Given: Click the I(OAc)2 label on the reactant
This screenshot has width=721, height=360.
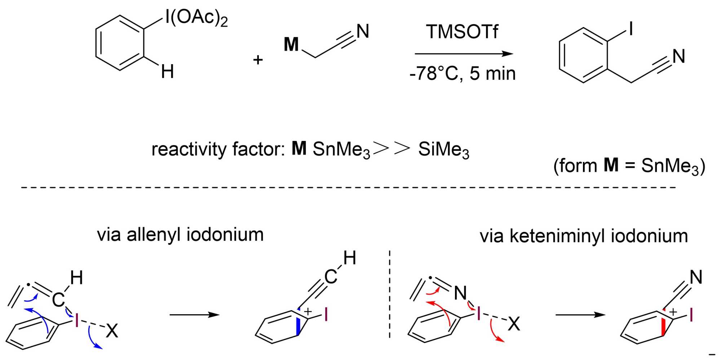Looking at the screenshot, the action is click(196, 18).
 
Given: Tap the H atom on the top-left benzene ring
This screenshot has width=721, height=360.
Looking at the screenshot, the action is click(168, 71).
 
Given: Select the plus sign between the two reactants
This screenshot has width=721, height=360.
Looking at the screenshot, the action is click(258, 60).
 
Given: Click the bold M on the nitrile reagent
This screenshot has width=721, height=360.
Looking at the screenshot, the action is click(291, 45).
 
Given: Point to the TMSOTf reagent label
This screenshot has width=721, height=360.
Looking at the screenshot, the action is click(462, 32).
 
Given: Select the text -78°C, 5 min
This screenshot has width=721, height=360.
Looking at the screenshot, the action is click(463, 74).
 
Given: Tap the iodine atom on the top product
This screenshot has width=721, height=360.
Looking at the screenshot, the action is click(631, 28).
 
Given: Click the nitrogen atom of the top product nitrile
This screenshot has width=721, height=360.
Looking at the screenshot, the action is click(678, 57).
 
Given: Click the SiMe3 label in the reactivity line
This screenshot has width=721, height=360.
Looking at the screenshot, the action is click(443, 150).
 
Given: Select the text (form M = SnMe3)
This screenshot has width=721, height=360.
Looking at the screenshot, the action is click(629, 166).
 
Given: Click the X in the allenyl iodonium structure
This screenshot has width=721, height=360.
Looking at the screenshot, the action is click(112, 330).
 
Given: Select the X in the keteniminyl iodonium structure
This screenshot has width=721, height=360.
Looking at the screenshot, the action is click(514, 324).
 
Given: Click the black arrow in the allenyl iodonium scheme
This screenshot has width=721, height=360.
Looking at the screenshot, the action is click(194, 315).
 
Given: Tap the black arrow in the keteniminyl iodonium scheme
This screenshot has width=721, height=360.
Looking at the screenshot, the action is click(580, 315).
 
